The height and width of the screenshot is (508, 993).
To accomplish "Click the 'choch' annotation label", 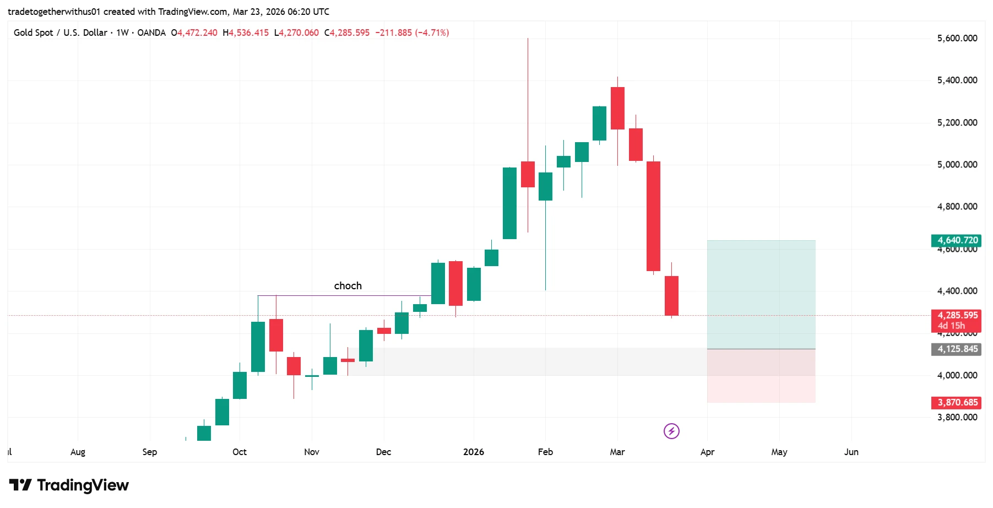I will pos(348,285).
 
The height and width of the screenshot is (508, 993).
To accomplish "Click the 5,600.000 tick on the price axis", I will pos(957,38).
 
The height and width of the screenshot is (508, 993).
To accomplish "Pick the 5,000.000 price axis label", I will pos(957,164).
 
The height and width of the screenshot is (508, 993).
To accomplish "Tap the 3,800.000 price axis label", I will pos(957,417).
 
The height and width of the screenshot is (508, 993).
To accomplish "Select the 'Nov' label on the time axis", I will pos(311,452).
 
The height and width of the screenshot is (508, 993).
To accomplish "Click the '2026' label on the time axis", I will pos(473,452).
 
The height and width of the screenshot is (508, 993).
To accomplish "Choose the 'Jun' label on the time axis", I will pos(851,452).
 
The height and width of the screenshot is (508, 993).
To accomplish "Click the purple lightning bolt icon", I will pos(671,431).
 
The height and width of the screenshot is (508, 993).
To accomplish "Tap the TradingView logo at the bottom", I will pos(69,485).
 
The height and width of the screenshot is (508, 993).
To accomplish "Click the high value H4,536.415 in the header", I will pos(246,33).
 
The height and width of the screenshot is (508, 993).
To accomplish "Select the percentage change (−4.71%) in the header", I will pos(432,33).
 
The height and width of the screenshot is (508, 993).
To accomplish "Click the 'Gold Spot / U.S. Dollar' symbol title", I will pos(61,33).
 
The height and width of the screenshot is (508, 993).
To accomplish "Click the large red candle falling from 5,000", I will pos(653,216).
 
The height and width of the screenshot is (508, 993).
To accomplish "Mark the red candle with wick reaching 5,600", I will pos(528,174).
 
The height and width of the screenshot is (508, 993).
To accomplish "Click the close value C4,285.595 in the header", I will pos(347,33).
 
